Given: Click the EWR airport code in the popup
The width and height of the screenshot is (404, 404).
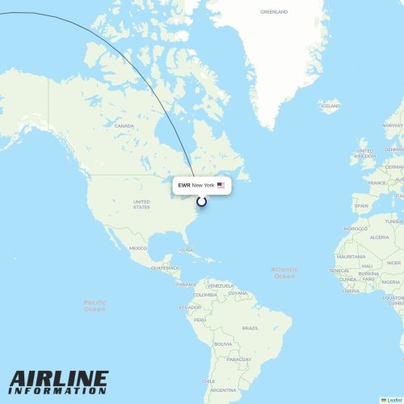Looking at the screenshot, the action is [x=184, y=186].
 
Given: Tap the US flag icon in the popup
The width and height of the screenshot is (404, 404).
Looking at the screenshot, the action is [x=221, y=186].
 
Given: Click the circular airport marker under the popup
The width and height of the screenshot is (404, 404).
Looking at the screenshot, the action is [x=201, y=200].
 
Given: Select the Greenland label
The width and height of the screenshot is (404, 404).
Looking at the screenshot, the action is [x=273, y=12].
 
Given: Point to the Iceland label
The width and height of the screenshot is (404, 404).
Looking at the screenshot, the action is [x=330, y=105].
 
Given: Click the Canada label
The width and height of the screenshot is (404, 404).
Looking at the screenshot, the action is [x=124, y=126].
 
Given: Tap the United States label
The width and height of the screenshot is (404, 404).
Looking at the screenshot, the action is [x=141, y=204].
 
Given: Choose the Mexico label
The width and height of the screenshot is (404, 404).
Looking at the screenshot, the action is [x=138, y=248].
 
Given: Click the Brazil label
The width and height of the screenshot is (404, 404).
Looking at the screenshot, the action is [x=250, y=328].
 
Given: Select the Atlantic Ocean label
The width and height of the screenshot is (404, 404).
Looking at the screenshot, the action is [x=284, y=272].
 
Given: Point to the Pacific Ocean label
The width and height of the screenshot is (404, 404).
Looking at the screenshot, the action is [x=95, y=305].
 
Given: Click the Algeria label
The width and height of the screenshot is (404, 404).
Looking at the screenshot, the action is [x=379, y=237].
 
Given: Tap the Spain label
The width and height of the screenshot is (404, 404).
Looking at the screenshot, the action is [x=361, y=206].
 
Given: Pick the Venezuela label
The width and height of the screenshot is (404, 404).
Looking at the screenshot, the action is [x=220, y=285].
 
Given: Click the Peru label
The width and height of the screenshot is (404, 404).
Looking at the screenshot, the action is [x=200, y=320].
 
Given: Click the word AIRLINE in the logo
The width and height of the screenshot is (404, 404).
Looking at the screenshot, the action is [x=59, y=380].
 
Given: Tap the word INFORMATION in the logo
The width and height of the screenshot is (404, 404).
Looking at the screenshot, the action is [x=59, y=392].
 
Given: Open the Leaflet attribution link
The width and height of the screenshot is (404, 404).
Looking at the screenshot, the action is [x=393, y=400].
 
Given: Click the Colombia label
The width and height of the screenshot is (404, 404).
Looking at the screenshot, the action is [x=204, y=295].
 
